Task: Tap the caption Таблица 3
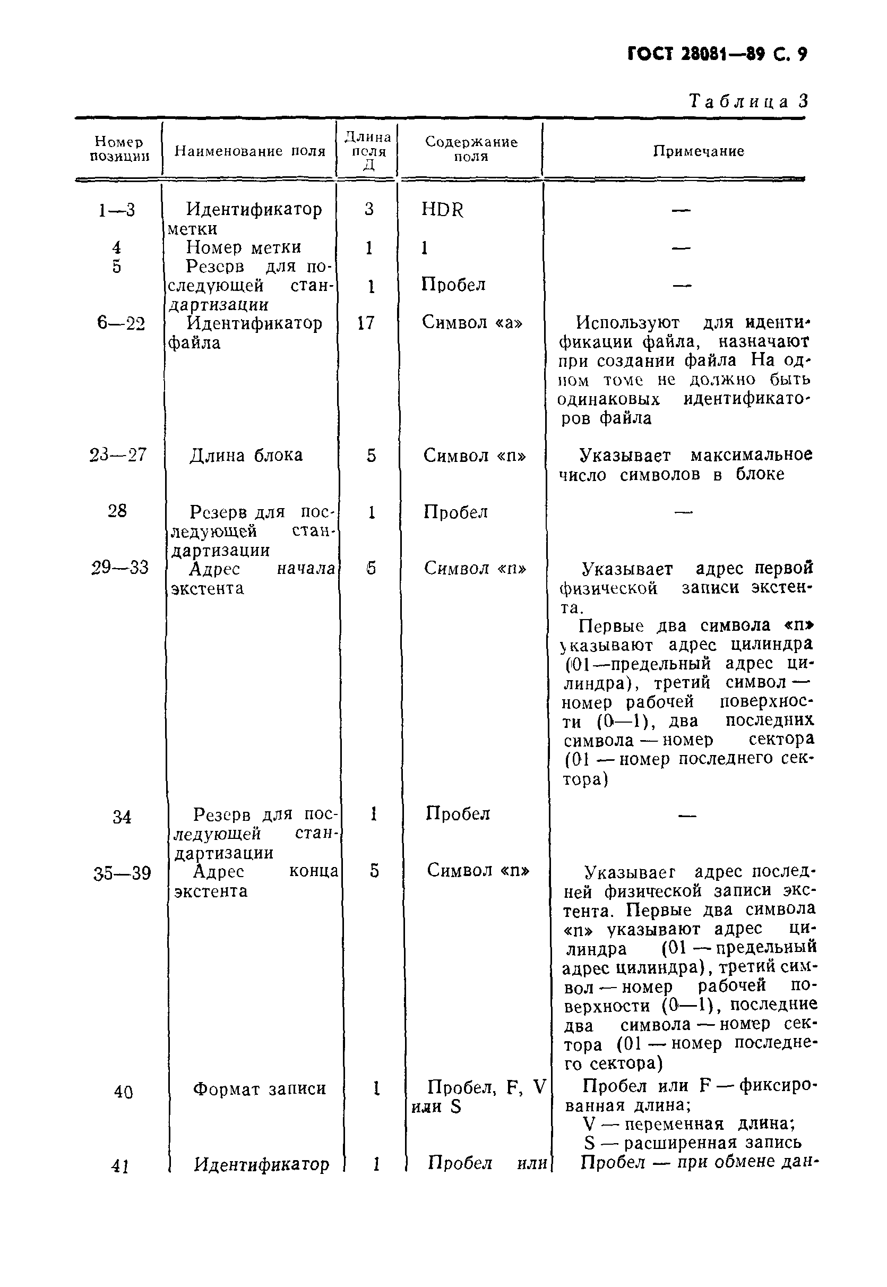pyautogui.click(x=748, y=101)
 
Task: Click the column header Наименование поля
pyautogui.click(x=249, y=151)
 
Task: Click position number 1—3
pyautogui.click(x=117, y=210)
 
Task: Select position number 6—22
pyautogui.click(x=120, y=322)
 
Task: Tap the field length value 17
pyautogui.click(x=366, y=322)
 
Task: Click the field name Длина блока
pyautogui.click(x=246, y=456)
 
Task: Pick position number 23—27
pyautogui.click(x=118, y=455)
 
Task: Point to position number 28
pyautogui.click(x=117, y=510)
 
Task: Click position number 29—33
pyautogui.click(x=119, y=568)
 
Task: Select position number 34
pyautogui.click(x=122, y=817)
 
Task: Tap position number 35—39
pyautogui.click(x=122, y=873)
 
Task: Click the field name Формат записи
pyautogui.click(x=259, y=1088)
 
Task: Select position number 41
pyautogui.click(x=120, y=1166)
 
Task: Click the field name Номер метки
pyautogui.click(x=243, y=247)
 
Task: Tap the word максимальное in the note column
pyautogui.click(x=752, y=455)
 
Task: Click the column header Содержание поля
pyautogui.click(x=471, y=149)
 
